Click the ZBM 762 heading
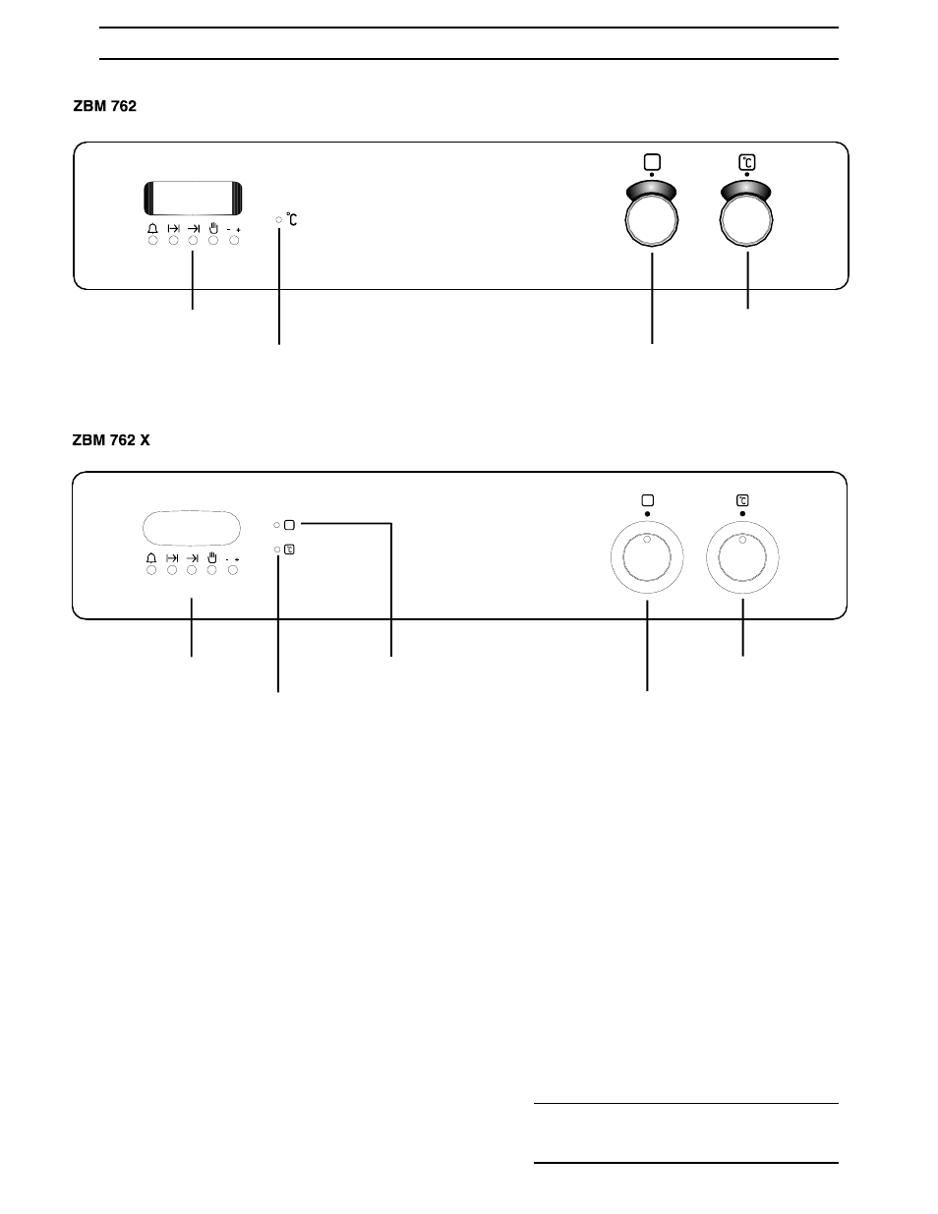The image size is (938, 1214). (104, 106)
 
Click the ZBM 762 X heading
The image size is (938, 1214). (111, 440)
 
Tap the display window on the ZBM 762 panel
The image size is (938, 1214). (193, 199)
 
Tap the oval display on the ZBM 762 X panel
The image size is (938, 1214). (192, 528)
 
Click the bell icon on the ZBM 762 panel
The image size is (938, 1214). (152, 228)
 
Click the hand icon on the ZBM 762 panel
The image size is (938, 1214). (212, 228)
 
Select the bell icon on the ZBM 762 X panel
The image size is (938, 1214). (150, 558)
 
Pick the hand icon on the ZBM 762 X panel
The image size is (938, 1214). (211, 557)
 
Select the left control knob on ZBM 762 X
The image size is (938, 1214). (647, 557)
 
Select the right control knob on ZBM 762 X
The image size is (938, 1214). (742, 557)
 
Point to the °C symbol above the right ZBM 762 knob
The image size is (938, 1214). (747, 162)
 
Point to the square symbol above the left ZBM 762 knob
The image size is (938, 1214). (652, 162)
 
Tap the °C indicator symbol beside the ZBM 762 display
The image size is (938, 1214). (292, 219)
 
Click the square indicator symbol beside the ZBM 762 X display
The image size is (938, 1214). (289, 525)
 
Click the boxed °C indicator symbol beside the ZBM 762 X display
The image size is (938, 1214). (289, 549)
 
